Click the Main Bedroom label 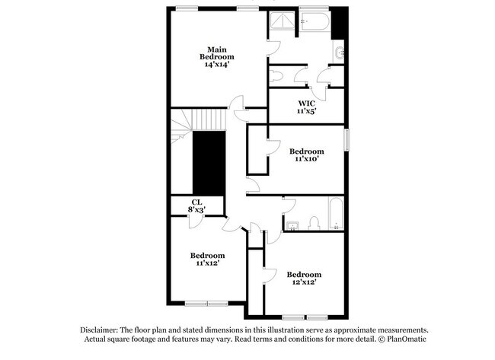[x=216, y=53]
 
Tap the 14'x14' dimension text [x=216, y=65]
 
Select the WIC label [x=306, y=103]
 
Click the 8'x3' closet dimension [x=196, y=209]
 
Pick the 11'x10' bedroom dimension [x=306, y=159]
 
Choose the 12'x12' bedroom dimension [x=304, y=282]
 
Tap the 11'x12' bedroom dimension [x=208, y=263]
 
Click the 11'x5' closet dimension [x=306, y=111]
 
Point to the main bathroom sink [x=338, y=53]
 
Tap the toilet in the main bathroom [x=277, y=75]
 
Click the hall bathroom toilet [x=314, y=222]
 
